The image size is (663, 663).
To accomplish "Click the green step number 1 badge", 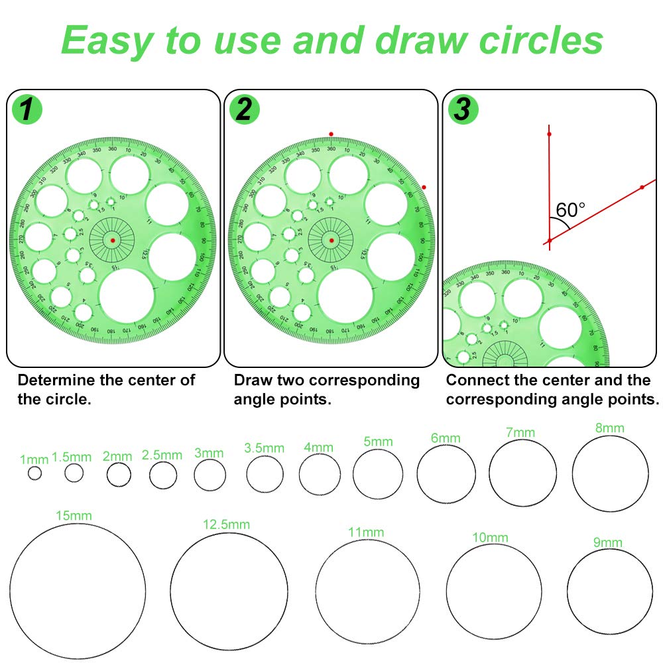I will pos(27,109).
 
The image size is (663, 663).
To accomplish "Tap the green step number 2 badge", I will pos(244,109).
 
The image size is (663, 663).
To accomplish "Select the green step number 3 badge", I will pos(461,109).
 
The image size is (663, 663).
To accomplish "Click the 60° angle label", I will pos(570,210).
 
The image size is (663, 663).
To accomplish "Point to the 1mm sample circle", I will pos(34,473).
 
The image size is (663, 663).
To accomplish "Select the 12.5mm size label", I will pos(226,524).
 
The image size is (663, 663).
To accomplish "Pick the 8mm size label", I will pos(609,428).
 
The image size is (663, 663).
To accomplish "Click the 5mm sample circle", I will pos(378,474).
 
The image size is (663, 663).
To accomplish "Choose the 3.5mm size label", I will pos(264,448).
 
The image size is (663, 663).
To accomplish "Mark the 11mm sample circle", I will pos(367,591).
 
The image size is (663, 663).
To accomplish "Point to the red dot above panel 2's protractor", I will pos(331,135).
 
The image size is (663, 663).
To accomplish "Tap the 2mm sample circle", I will pos(119,475).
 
